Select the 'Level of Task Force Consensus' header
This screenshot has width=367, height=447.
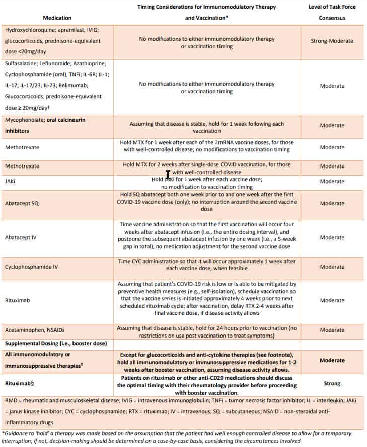(x=332, y=12)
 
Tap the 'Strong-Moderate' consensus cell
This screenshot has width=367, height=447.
(x=332, y=41)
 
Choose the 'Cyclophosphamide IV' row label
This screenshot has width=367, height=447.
(x=31, y=267)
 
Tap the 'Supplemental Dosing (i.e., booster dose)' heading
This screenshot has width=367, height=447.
(x=55, y=344)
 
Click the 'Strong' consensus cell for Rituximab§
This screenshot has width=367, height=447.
(x=332, y=383)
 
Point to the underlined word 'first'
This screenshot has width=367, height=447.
(x=287, y=195)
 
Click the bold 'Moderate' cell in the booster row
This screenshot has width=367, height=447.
(x=332, y=361)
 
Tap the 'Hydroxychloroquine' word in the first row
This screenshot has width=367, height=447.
(x=27, y=30)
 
